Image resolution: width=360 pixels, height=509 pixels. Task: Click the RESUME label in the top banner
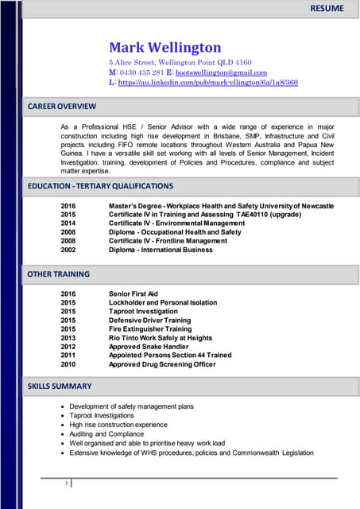click(327, 9)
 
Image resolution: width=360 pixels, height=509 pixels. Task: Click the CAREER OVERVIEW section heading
click(61, 106)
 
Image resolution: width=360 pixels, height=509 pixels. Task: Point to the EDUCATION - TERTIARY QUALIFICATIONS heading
click(99, 186)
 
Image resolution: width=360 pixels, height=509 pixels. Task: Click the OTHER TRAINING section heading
click(58, 274)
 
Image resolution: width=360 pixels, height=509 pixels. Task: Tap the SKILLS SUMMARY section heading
click(60, 387)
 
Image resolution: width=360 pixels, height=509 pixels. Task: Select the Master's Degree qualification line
click(221, 207)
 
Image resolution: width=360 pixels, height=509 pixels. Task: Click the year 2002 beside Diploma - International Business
click(68, 250)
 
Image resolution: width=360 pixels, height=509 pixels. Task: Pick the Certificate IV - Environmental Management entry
click(176, 223)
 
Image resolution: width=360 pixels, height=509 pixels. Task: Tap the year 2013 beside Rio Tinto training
click(68, 338)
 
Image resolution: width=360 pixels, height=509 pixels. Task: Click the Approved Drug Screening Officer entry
click(161, 364)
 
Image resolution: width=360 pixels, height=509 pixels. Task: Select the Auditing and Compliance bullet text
click(106, 434)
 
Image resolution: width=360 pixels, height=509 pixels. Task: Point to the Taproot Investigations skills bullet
click(102, 415)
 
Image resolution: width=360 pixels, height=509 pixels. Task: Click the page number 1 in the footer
click(66, 483)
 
